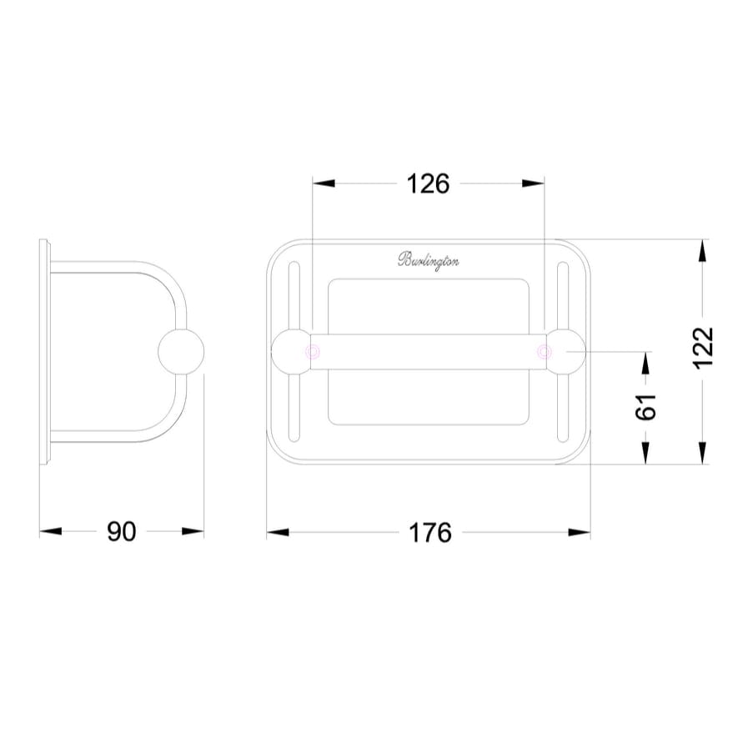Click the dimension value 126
427,183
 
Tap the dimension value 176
429,532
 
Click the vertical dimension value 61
645,406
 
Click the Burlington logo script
428,260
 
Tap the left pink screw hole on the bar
314,352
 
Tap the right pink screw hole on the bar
544,352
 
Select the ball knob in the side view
181,352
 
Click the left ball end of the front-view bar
290,351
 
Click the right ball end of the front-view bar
565,351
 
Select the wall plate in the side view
45,351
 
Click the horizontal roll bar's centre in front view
428,352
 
